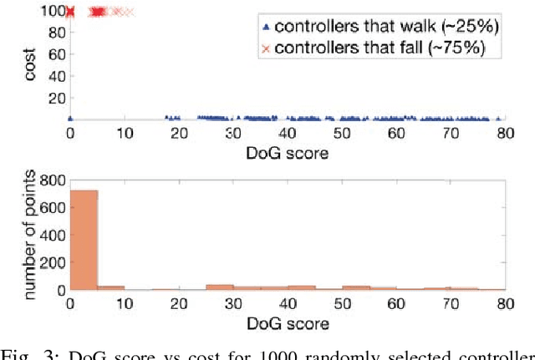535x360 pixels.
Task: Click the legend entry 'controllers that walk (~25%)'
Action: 387,27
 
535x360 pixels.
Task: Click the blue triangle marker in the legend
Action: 267,27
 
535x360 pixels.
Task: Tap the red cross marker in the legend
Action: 267,48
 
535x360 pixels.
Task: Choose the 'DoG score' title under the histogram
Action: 287,322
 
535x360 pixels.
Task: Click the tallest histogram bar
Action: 84,239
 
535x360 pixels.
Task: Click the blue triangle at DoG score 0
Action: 70,119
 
